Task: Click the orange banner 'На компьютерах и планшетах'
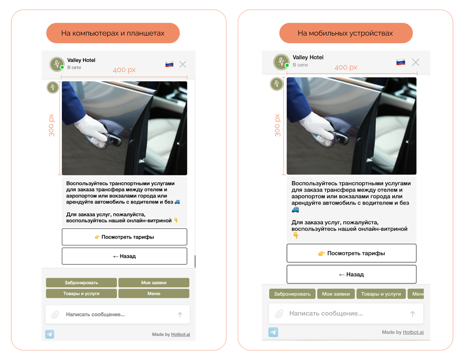113,33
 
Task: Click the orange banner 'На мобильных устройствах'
346,33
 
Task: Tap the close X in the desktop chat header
183,64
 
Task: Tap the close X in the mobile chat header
416,62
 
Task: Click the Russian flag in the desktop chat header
170,64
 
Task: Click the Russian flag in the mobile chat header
401,62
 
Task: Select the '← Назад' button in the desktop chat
125,256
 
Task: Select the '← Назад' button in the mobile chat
351,274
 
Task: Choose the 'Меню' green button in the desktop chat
154,293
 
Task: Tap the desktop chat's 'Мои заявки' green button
154,282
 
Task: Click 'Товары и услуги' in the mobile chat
381,294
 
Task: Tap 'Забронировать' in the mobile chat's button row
292,294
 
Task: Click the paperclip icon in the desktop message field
55,314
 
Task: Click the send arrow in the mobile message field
412,314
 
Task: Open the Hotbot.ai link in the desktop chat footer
180,334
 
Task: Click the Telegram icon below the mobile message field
273,332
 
